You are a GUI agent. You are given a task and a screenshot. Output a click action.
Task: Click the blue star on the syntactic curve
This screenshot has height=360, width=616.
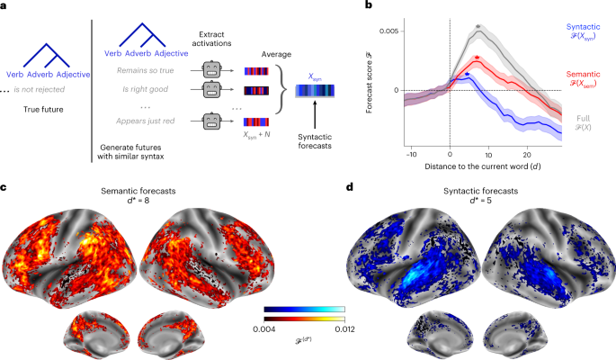pos(466,74)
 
